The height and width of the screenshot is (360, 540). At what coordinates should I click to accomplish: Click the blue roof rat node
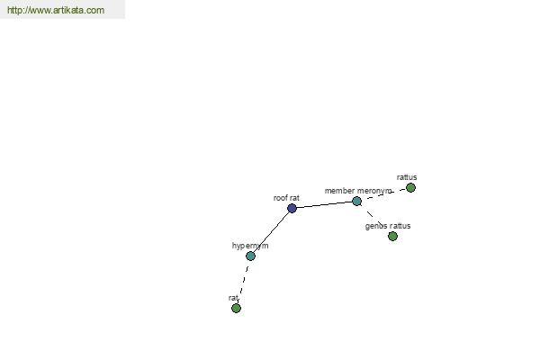[x=292, y=208]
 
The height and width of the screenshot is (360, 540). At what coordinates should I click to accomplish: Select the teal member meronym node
[x=356, y=202]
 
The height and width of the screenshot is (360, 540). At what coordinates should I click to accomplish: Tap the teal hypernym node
[x=250, y=256]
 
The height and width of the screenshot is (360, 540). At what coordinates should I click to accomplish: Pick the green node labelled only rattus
[x=410, y=188]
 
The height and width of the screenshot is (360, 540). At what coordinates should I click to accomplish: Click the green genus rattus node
[x=392, y=236]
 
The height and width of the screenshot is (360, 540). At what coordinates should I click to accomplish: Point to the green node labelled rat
[x=236, y=308]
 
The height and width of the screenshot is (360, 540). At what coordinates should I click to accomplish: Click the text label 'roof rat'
[x=286, y=198]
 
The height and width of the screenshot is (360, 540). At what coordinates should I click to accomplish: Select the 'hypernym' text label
[x=250, y=246]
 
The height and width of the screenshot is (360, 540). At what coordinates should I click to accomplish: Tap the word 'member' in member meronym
[x=339, y=191]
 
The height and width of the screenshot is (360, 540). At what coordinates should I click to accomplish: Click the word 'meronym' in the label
[x=374, y=191]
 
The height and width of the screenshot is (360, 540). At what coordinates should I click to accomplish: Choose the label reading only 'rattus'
[x=407, y=177]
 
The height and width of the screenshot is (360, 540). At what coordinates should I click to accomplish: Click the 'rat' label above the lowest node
[x=233, y=298]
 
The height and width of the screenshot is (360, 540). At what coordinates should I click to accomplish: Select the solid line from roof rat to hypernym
[x=271, y=232]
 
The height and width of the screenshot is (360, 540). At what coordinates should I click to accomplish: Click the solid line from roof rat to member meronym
[x=324, y=204]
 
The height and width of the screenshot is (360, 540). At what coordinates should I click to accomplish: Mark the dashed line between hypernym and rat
[x=243, y=282]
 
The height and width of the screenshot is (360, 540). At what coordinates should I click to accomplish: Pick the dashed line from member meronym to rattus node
[x=383, y=194]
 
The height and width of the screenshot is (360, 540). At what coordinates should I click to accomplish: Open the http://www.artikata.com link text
[x=56, y=10]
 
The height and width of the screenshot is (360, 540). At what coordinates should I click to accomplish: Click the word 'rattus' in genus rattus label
[x=400, y=226]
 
